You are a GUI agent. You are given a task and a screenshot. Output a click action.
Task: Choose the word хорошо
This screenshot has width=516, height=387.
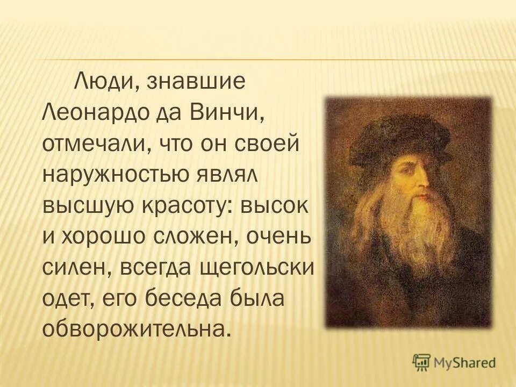point(104,238)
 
